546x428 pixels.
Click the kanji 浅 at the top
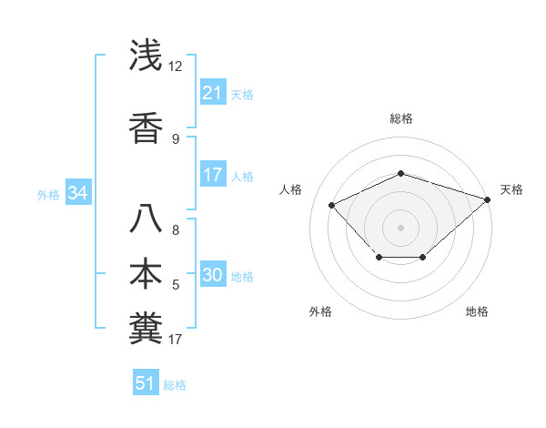pos(147,57)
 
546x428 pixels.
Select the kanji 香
pos(147,127)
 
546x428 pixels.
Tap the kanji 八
pos(147,221)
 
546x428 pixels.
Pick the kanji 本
pos(147,274)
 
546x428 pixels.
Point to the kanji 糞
pos(147,327)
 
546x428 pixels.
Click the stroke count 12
pos(176,67)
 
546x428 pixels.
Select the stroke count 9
pos(176,138)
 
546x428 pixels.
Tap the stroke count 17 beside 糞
pos(176,340)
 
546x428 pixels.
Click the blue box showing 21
pos(212,92)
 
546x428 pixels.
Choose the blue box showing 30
pos(212,275)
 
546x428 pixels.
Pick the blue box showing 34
pos(77,193)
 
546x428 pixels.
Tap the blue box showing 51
pos(146,383)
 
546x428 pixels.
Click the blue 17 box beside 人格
pos(212,175)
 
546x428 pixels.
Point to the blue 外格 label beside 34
pos(48,194)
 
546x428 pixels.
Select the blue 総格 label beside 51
pos(175,384)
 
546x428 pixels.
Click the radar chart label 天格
pos(511,189)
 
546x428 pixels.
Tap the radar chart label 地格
pos(477,311)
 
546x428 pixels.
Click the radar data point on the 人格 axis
pos(332,205)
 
